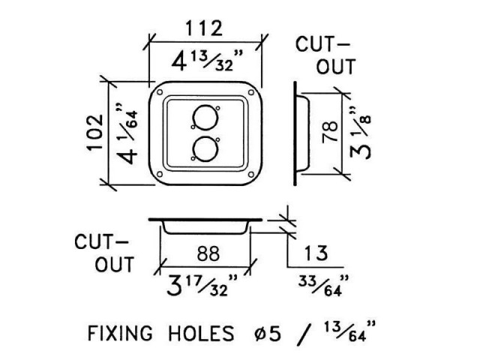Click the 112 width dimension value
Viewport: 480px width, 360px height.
[204, 28]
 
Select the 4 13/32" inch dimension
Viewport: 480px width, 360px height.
[207, 61]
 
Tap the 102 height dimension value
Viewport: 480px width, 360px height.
[95, 132]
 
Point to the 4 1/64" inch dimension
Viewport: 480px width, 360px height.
[127, 133]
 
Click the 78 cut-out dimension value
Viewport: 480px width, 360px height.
[330, 132]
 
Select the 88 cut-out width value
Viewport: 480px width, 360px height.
[208, 253]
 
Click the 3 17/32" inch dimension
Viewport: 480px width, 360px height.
[202, 286]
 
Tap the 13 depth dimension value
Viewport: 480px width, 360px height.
[316, 253]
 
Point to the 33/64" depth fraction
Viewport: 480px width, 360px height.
[323, 286]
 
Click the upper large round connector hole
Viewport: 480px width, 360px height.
[205, 117]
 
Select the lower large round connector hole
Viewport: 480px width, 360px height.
[205, 148]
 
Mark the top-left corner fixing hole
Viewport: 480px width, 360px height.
[160, 92]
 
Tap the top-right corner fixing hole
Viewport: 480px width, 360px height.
[251, 92]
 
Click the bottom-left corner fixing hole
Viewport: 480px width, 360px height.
[160, 175]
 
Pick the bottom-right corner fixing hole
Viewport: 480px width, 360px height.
[251, 175]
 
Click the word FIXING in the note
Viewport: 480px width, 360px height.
[120, 333]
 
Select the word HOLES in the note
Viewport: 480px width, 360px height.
[201, 333]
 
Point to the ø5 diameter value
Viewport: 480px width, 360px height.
[268, 333]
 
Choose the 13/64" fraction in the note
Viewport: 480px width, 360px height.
[349, 331]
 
